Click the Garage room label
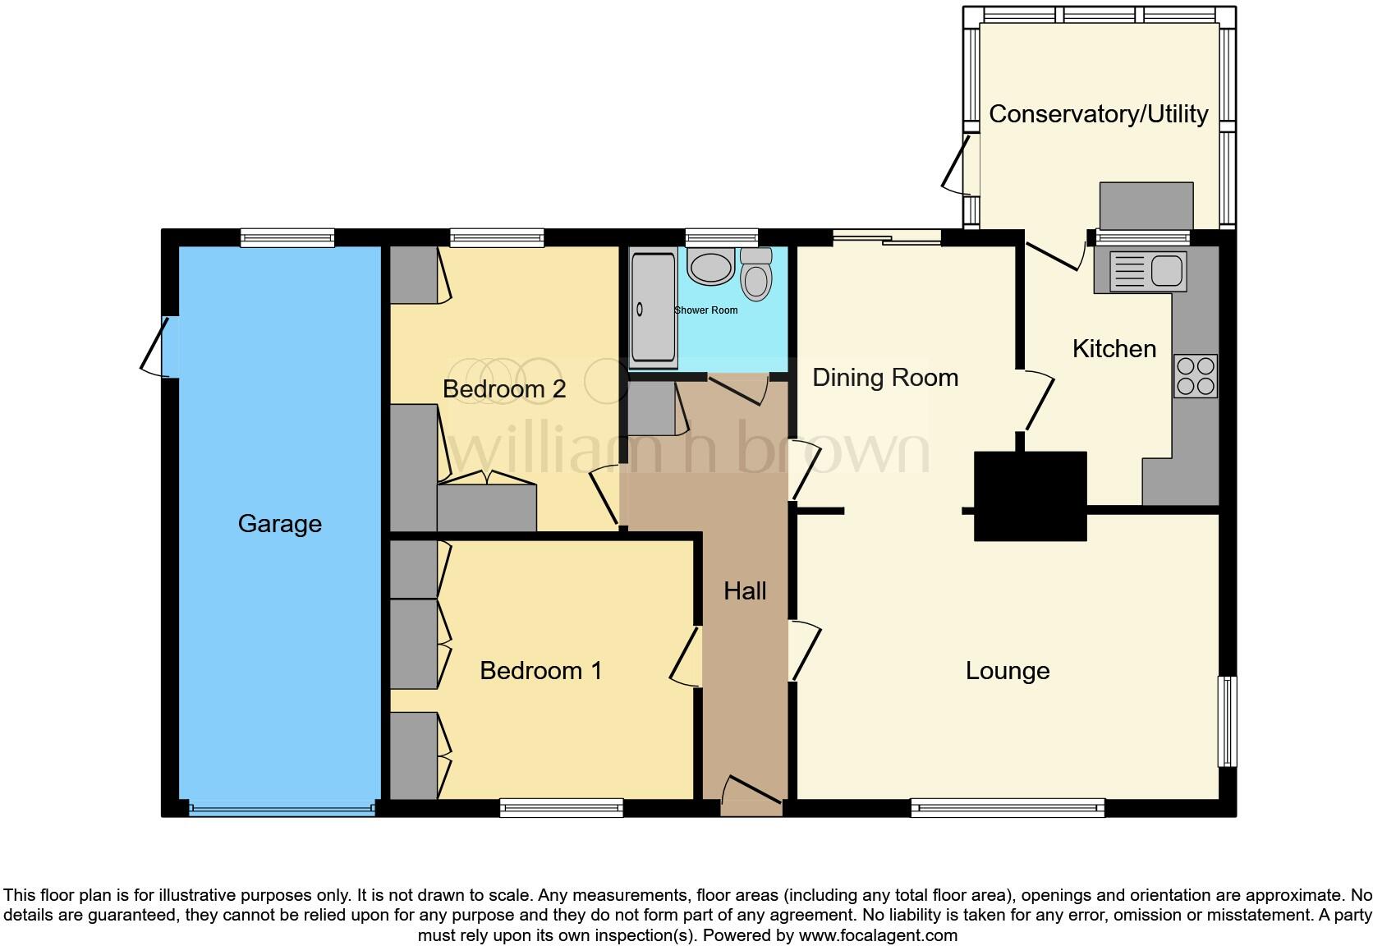pyautogui.click(x=279, y=523)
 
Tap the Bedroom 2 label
pyautogui.click(x=503, y=388)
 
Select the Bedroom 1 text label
pyautogui.click(x=540, y=670)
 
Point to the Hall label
pyautogui.click(x=745, y=590)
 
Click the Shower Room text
pyautogui.click(x=705, y=310)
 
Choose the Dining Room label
pyautogui.click(x=884, y=377)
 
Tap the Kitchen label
pyautogui.click(x=1114, y=348)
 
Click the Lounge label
pyautogui.click(x=1007, y=670)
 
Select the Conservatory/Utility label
pyautogui.click(x=1098, y=113)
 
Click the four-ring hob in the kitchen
pyautogui.click(x=1196, y=376)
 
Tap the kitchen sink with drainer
pyautogui.click(x=1148, y=270)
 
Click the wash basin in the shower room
pyautogui.click(x=710, y=268)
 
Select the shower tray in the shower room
pyautogui.click(x=654, y=310)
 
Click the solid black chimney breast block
pyautogui.click(x=1030, y=496)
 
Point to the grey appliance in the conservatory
pyautogui.click(x=1146, y=205)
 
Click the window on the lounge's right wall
pyautogui.click(x=1226, y=721)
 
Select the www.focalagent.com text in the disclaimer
pyautogui.click(x=878, y=935)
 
